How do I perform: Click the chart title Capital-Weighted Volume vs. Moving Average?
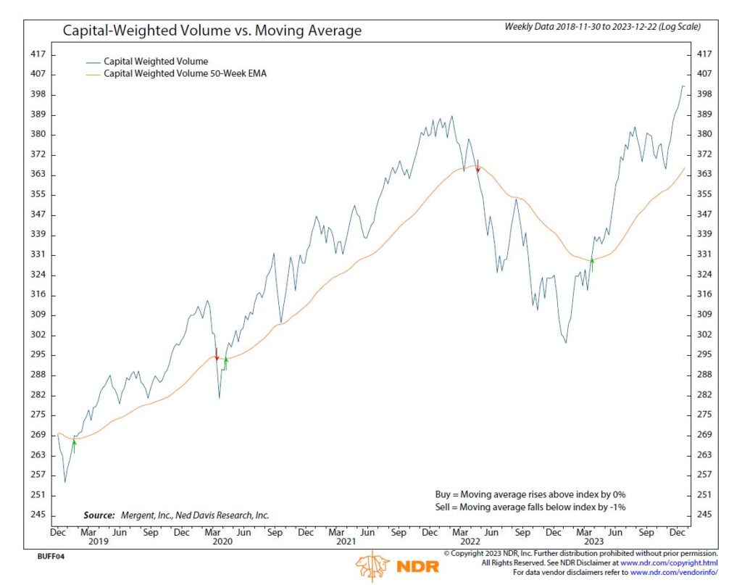point(212,31)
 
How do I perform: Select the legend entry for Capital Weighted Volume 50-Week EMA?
point(185,73)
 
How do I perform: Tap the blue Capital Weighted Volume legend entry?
point(156,62)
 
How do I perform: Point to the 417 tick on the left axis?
point(38,54)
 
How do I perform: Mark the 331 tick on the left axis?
point(38,254)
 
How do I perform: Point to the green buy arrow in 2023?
point(592,264)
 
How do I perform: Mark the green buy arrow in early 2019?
point(74,445)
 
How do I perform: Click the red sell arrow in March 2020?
point(217,354)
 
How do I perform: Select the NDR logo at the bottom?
point(398,565)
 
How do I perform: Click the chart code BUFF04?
point(41,558)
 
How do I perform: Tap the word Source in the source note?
point(99,515)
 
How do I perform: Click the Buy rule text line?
point(525,494)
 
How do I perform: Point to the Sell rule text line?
point(525,507)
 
